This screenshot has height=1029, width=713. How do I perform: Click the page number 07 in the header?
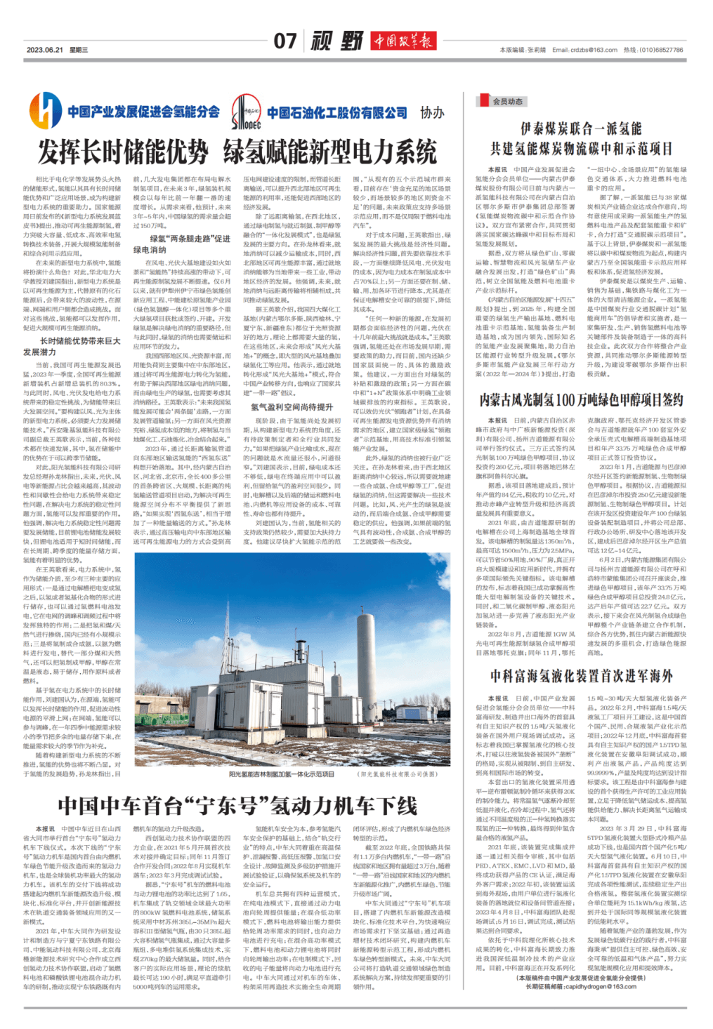(x=285, y=41)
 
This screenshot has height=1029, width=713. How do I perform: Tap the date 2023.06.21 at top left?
(x=45, y=50)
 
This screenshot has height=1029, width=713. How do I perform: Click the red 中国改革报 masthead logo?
(x=403, y=41)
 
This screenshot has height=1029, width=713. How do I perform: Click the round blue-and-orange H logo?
(x=46, y=111)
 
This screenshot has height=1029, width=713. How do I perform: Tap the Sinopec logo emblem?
(x=246, y=112)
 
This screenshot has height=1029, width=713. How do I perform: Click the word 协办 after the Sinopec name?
(x=432, y=112)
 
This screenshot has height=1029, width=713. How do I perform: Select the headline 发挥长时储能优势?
(x=124, y=152)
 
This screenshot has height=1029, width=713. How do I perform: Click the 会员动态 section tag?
(x=507, y=102)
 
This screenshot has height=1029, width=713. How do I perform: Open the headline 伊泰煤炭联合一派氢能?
(x=581, y=128)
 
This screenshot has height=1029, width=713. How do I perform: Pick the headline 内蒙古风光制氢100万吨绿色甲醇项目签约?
(x=581, y=399)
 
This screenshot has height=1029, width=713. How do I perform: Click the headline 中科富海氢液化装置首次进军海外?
(x=581, y=676)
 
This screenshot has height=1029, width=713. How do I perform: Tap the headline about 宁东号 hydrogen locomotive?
(x=237, y=805)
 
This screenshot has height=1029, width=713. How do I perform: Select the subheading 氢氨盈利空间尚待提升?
(x=292, y=406)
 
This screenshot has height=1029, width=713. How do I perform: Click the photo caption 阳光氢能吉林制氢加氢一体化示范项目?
(x=282, y=774)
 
